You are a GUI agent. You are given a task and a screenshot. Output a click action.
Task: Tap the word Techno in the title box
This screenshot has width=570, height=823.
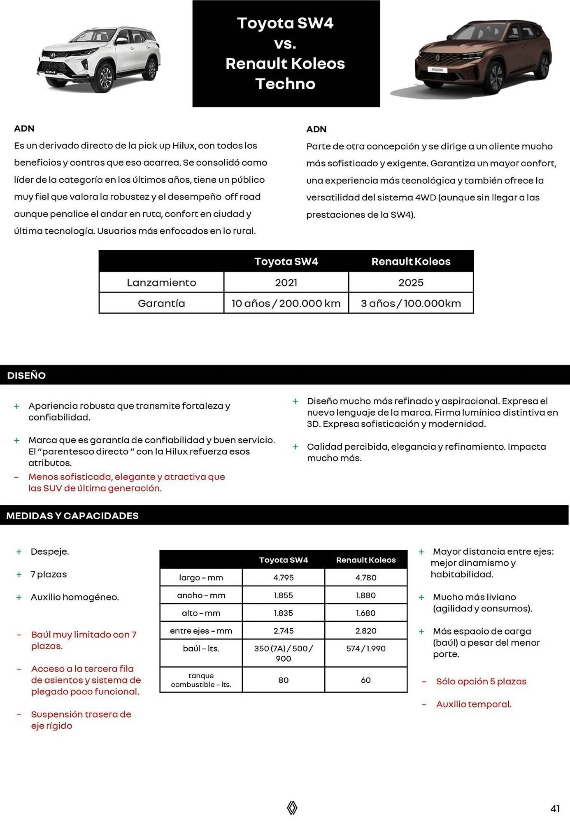[x=285, y=84]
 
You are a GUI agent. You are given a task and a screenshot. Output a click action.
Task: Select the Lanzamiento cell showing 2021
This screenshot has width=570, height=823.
[x=286, y=283]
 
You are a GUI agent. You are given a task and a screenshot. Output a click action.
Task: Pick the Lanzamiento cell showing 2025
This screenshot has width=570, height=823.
[x=411, y=283]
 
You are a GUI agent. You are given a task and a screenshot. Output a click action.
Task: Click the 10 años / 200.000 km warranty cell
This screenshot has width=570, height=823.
[x=286, y=303]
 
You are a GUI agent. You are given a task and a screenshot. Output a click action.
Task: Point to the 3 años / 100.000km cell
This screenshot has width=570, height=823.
[x=411, y=303]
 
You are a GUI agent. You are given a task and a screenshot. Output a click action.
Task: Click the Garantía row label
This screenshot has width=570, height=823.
[x=161, y=303]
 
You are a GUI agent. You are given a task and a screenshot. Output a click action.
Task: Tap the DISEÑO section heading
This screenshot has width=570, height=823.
[x=26, y=375]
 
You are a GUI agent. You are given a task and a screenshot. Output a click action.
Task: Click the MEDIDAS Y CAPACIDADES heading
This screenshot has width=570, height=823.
[x=72, y=516]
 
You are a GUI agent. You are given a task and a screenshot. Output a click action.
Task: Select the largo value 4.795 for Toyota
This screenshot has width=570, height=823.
[x=283, y=577]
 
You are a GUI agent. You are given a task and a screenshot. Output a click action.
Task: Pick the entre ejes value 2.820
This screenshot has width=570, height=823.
[x=365, y=630]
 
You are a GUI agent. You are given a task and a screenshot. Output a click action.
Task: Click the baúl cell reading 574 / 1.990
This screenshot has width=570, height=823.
[x=365, y=649]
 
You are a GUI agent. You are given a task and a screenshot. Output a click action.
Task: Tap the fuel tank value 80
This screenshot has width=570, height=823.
[x=283, y=680]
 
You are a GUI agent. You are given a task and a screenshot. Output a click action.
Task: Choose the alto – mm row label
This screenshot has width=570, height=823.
[x=201, y=613]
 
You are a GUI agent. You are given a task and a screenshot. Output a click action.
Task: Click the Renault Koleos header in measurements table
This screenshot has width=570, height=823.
[x=365, y=560]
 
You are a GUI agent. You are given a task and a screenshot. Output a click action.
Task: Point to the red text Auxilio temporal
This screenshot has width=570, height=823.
[x=473, y=704]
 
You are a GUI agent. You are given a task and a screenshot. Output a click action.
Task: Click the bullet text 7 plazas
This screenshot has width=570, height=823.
[x=49, y=574]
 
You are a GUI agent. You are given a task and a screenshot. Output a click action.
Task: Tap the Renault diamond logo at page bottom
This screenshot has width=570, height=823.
[x=292, y=808]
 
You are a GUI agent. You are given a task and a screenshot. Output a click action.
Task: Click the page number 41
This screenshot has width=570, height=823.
[x=555, y=809]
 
